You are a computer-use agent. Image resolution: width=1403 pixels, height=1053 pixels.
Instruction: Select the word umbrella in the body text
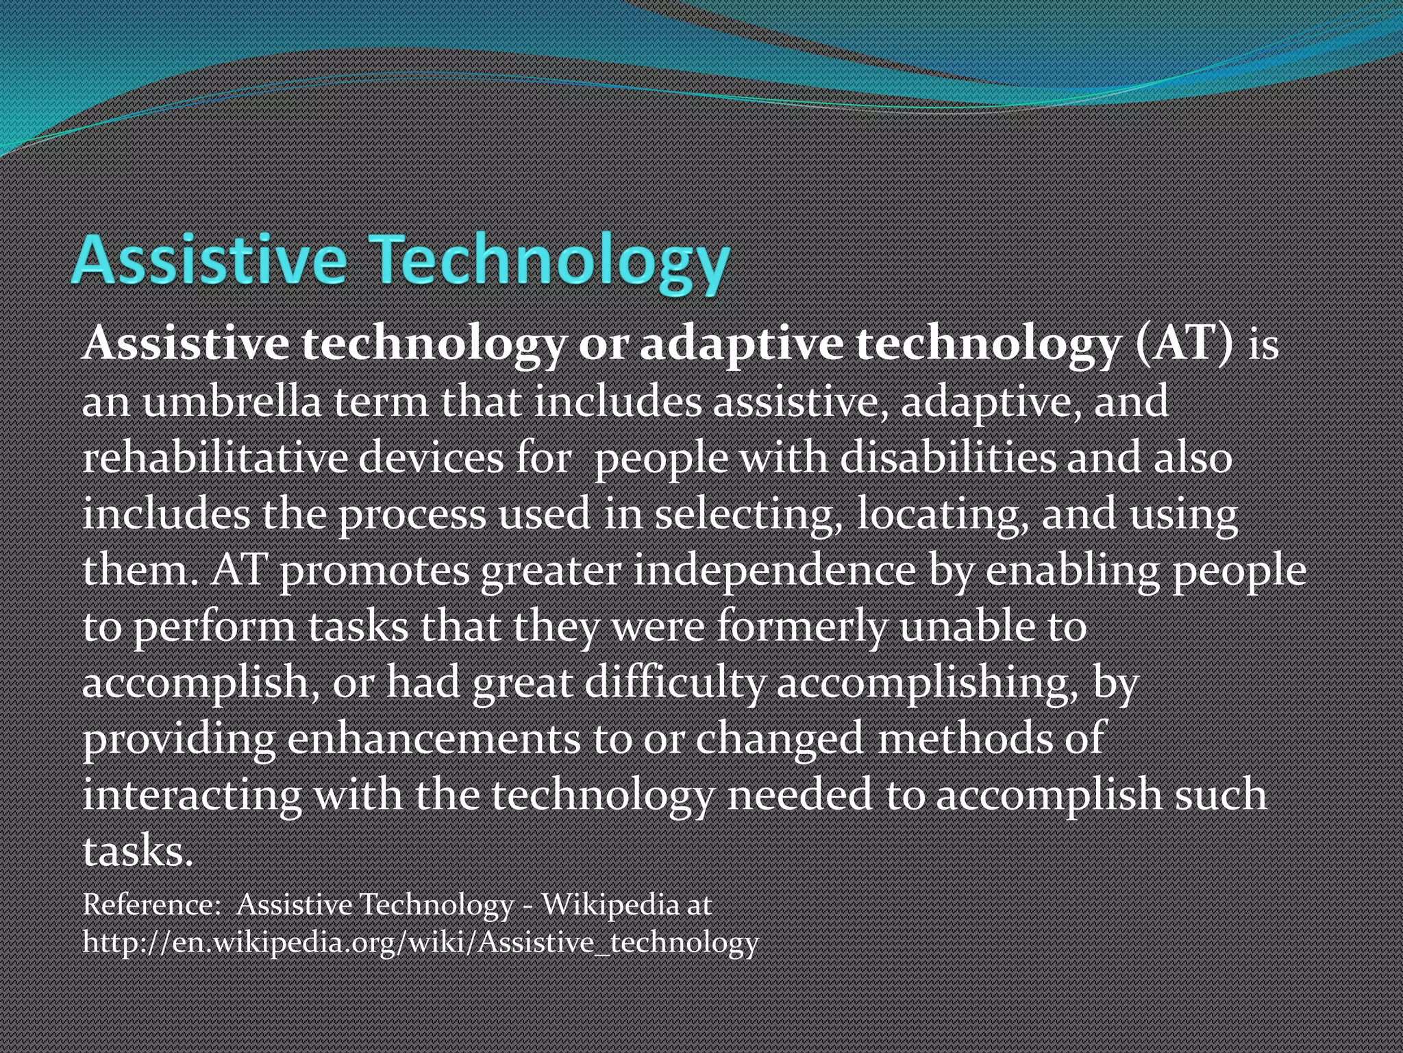(232, 401)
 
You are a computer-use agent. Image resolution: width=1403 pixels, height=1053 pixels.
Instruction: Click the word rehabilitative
(215, 457)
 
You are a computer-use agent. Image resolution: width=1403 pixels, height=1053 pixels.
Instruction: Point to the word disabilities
(947, 457)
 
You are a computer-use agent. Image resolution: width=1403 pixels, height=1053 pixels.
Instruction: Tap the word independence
(774, 571)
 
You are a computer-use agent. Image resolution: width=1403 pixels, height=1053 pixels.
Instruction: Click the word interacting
(192, 795)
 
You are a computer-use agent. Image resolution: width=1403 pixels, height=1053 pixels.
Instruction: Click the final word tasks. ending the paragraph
(138, 851)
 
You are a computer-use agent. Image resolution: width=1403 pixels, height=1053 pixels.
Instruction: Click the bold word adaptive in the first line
(741, 343)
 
